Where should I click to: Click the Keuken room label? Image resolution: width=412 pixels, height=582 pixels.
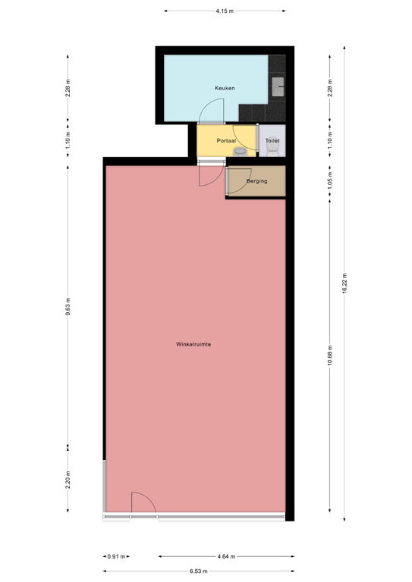[225, 88]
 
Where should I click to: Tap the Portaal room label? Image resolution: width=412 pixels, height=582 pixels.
[226, 141]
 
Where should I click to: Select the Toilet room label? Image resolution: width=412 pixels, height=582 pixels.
[272, 141]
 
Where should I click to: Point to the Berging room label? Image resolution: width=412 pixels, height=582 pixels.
[256, 181]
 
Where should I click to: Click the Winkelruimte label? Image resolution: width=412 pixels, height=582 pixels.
[193, 344]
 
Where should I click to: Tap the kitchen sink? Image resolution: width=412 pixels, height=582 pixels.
[278, 86]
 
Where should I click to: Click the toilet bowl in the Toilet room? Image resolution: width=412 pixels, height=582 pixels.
[272, 151]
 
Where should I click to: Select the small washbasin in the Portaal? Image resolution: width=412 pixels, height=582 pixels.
[241, 152]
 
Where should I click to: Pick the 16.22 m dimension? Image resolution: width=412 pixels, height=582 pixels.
[344, 283]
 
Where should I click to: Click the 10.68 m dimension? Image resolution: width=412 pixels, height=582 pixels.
[330, 355]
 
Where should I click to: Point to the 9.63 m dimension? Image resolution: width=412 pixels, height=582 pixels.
[68, 307]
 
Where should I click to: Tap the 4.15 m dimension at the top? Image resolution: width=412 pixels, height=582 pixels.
[225, 11]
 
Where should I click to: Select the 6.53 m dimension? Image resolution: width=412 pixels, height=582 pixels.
[198, 571]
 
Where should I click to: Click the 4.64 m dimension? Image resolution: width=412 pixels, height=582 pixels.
[226, 556]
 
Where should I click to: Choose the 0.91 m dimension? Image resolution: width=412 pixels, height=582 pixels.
[116, 556]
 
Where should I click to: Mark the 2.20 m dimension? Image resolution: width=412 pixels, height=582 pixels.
[68, 480]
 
